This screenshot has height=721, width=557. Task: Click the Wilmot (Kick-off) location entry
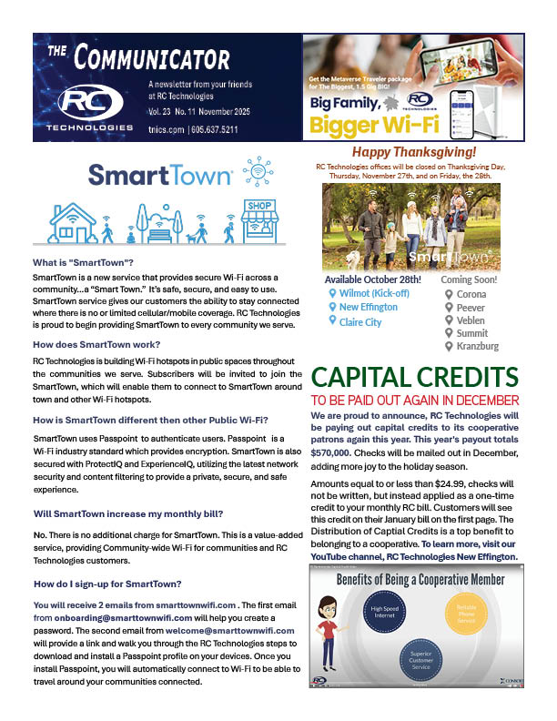pos(372,294)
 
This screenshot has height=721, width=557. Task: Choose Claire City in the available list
pos(360,322)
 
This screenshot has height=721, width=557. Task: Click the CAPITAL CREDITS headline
pos(415,378)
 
